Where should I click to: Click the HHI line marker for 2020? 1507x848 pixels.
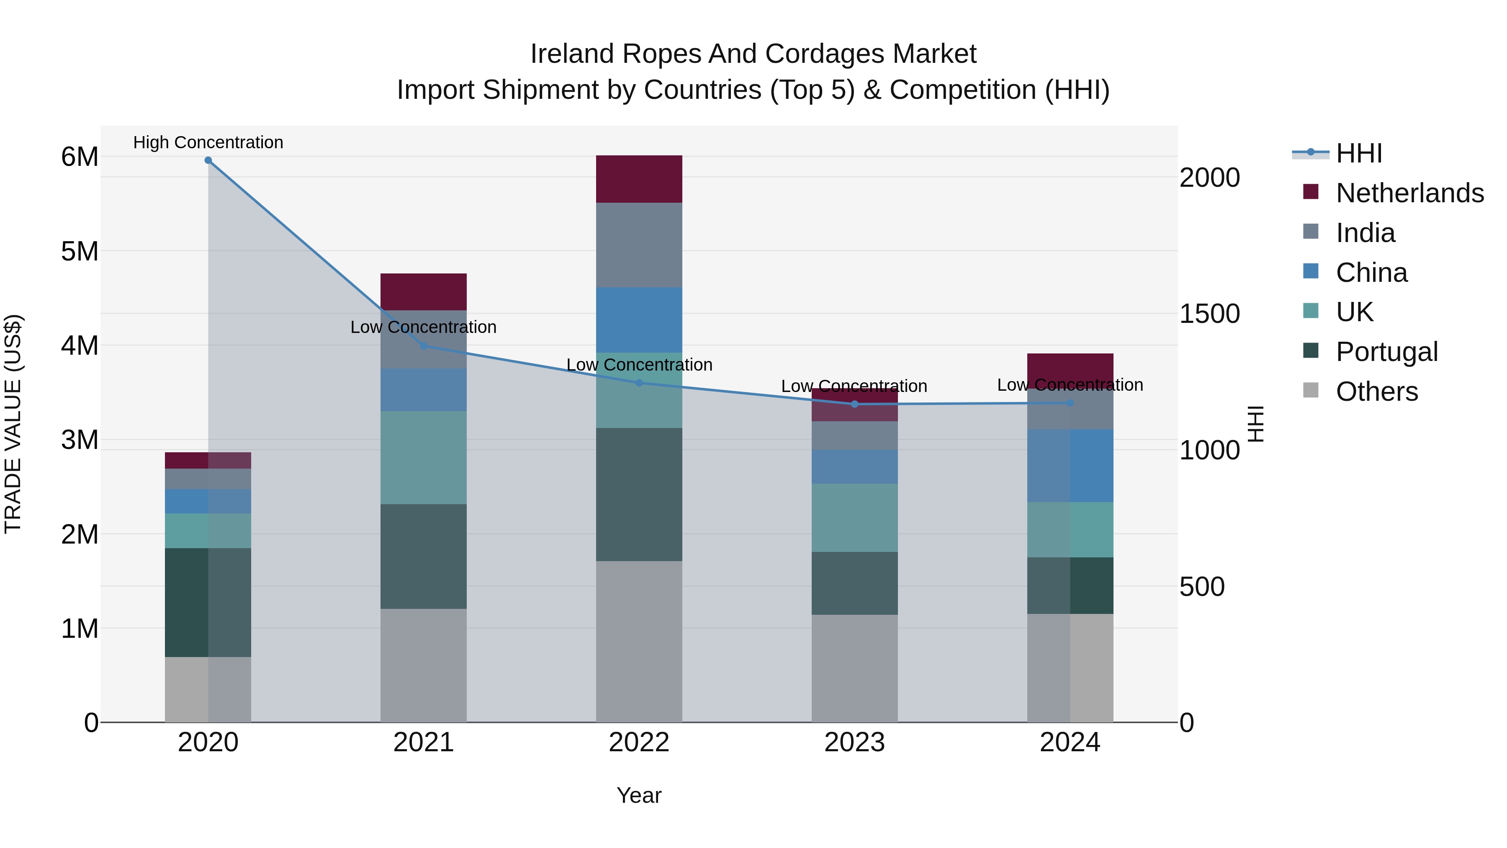click(x=208, y=160)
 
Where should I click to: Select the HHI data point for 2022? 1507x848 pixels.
click(x=639, y=383)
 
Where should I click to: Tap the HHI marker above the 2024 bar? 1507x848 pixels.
click(x=1070, y=402)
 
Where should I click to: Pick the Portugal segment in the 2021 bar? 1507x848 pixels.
click(x=424, y=556)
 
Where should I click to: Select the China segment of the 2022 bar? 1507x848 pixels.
click(x=639, y=320)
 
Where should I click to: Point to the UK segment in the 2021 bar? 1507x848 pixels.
click(x=424, y=457)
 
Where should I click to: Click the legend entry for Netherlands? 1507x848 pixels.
click(x=1409, y=193)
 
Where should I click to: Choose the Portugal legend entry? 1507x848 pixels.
click(x=1386, y=352)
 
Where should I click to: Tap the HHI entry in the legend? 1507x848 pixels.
click(x=1358, y=153)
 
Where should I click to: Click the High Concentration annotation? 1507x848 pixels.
click(x=208, y=142)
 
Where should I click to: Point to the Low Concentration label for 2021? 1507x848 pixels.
click(x=424, y=327)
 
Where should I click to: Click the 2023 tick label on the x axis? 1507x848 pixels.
click(x=854, y=742)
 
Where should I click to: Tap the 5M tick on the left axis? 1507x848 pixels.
click(x=80, y=252)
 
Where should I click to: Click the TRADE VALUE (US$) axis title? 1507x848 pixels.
click(x=13, y=424)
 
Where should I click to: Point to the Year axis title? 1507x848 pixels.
click(x=639, y=795)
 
